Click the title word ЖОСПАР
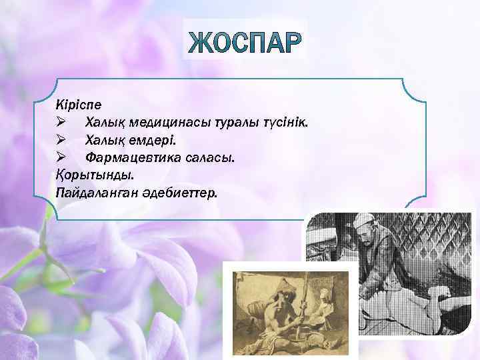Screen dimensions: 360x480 click(x=245, y=41)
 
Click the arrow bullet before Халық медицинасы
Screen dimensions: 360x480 click(x=61, y=123)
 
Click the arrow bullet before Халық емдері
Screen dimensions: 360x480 click(x=61, y=141)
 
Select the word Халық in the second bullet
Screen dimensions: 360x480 click(x=104, y=141)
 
